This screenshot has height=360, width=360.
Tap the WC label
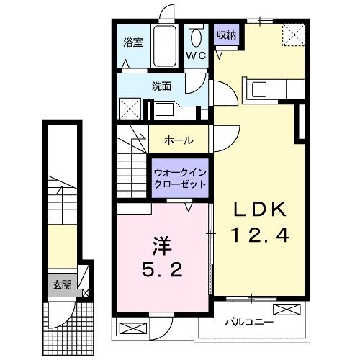tap(196, 55)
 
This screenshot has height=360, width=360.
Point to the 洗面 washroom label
tap(161, 86)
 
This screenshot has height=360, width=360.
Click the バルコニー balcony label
tap(248, 321)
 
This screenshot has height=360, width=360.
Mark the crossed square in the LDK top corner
tap(293, 34)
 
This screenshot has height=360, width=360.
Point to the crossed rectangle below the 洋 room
tap(132, 328)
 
